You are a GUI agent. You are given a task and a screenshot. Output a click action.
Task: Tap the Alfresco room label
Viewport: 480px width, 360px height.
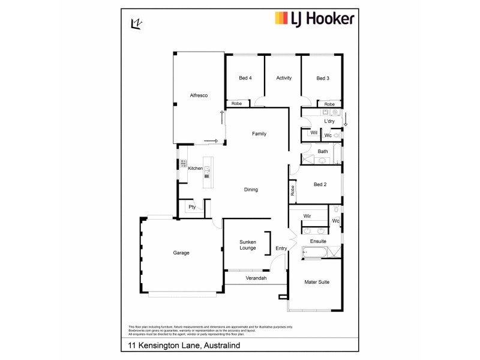(199, 95)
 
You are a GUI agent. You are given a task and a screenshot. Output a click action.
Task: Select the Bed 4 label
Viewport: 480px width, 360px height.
(245, 78)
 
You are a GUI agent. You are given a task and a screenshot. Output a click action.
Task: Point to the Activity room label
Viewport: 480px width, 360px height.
(284, 78)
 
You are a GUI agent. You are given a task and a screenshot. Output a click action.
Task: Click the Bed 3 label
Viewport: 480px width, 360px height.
(323, 78)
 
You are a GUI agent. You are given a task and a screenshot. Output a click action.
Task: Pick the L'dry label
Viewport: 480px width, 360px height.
(329, 121)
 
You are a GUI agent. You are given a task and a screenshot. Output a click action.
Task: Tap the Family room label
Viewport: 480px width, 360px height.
(259, 134)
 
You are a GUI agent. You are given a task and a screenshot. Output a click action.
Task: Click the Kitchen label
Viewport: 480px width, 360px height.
(196, 168)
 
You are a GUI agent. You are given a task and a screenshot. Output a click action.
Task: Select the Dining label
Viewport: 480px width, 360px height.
(251, 190)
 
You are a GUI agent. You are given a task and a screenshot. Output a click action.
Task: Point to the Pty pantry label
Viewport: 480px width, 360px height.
(192, 208)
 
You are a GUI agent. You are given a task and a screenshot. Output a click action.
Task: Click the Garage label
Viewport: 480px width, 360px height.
(181, 253)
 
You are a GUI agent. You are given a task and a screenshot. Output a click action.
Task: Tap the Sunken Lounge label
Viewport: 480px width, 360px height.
(248, 244)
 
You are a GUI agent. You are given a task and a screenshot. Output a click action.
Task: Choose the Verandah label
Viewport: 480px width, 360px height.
(256, 278)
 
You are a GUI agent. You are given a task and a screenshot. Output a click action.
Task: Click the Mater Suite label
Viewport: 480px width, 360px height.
(317, 281)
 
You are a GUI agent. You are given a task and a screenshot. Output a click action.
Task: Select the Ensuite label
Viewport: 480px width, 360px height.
(318, 241)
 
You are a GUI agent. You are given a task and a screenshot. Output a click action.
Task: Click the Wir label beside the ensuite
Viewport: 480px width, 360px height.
(307, 215)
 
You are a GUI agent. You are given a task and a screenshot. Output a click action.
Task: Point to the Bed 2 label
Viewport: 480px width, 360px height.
(320, 184)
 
